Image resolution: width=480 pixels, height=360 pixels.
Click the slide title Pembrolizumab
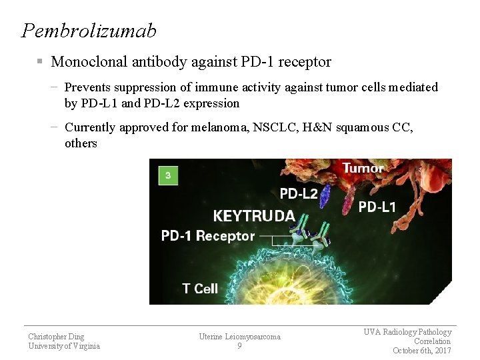(89, 31)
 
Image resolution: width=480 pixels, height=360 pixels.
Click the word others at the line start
(81, 143)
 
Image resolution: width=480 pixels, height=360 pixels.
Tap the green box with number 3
(168, 176)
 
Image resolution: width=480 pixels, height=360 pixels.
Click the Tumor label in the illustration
(363, 169)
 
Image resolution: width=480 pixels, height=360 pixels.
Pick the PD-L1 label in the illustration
(377, 207)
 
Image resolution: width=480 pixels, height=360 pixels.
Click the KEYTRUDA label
(254, 215)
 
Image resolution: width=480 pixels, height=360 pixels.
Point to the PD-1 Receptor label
(208, 236)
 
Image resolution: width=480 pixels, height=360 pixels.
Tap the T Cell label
(200, 289)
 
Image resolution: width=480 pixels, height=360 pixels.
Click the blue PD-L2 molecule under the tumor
(325, 196)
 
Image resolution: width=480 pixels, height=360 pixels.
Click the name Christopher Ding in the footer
(56, 337)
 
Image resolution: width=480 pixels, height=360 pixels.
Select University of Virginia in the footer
(64, 346)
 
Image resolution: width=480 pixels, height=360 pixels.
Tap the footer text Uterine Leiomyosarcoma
(239, 337)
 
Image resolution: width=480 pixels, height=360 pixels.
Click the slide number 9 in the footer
(239, 346)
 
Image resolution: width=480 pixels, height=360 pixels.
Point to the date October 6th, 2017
(421, 351)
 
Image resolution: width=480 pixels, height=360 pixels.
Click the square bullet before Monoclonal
(40, 62)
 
